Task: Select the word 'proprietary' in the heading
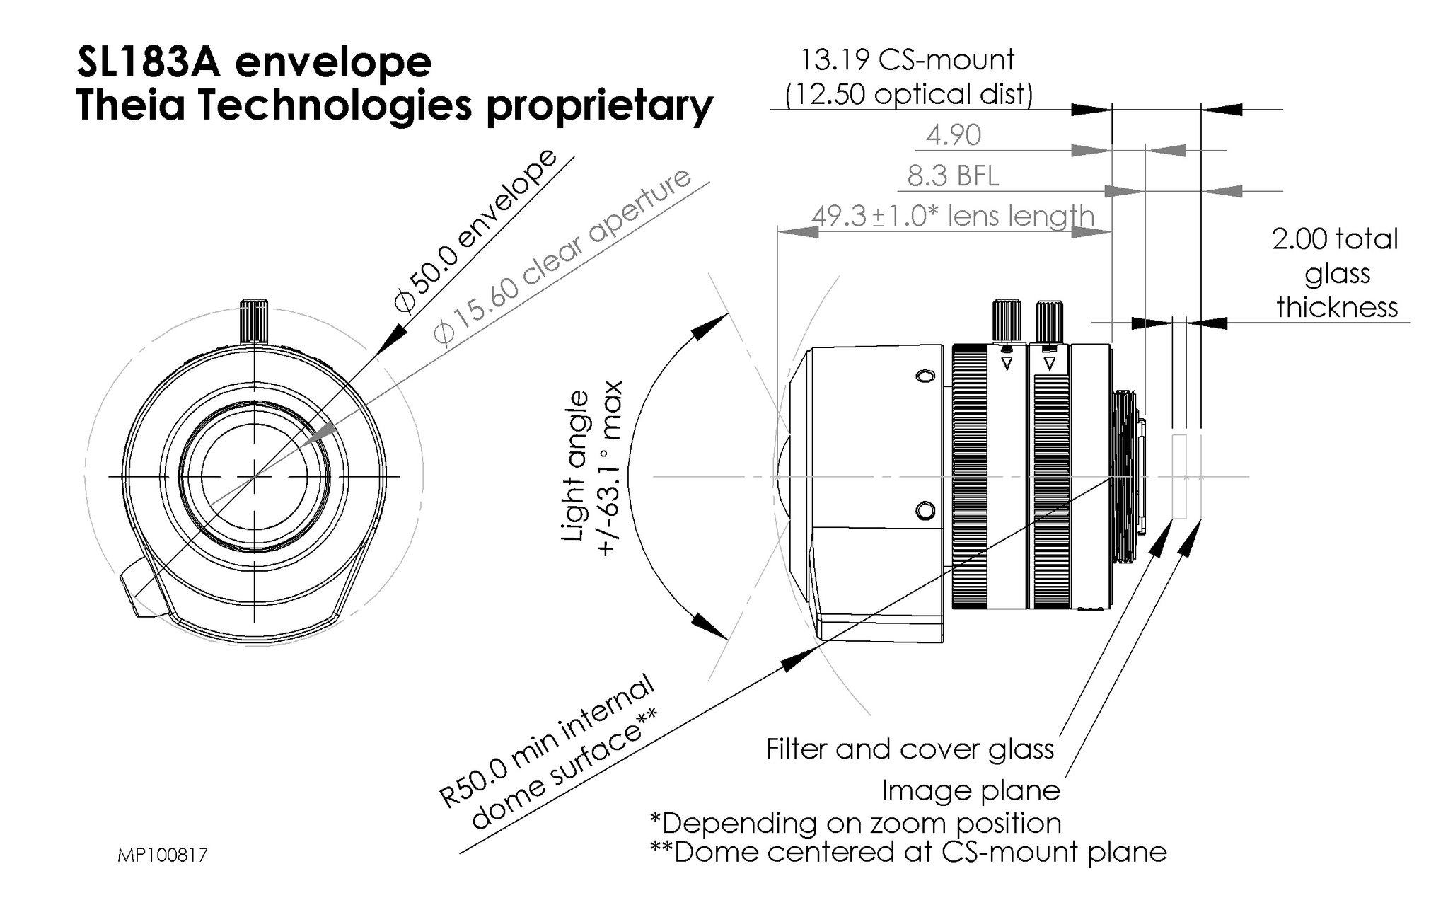pyautogui.click(x=600, y=106)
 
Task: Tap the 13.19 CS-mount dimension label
pyautogui.click(x=907, y=59)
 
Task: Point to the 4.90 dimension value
pyautogui.click(x=953, y=135)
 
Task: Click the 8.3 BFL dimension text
pyautogui.click(x=953, y=175)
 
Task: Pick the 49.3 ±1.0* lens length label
pyautogui.click(x=952, y=216)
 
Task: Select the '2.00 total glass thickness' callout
pyautogui.click(x=1336, y=273)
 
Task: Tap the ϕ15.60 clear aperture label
pyautogui.click(x=562, y=256)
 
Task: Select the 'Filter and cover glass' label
pyautogui.click(x=910, y=749)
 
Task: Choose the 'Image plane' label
pyautogui.click(x=971, y=790)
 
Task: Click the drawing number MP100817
pyautogui.click(x=163, y=855)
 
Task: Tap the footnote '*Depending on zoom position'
pyautogui.click(x=855, y=823)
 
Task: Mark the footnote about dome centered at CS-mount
pyautogui.click(x=908, y=852)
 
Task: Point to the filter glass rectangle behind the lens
pyautogui.click(x=1178, y=476)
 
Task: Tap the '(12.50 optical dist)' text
pyautogui.click(x=908, y=94)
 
